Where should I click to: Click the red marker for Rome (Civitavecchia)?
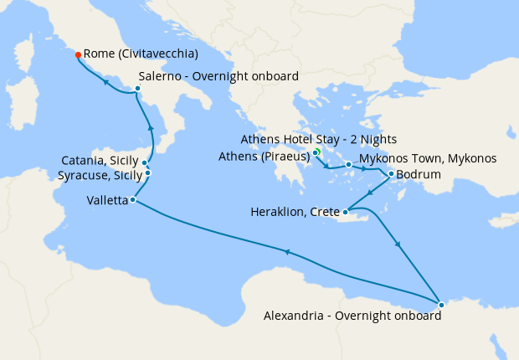tap(78, 54)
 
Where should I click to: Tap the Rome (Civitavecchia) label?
tap(141, 54)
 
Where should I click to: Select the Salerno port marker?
tap(138, 87)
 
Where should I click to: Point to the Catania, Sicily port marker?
tap(145, 163)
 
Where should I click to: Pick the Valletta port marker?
tap(133, 199)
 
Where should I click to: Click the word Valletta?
tap(106, 201)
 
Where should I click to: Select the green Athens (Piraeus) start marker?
tap(317, 152)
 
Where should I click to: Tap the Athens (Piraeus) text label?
tap(264, 156)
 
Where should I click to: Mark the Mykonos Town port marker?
tap(348, 165)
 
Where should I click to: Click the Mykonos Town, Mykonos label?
tap(428, 158)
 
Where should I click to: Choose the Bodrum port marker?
tap(392, 174)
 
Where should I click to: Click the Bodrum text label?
tap(419, 175)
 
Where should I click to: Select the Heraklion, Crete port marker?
tap(345, 212)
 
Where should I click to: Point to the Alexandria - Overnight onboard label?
tap(351, 316)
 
